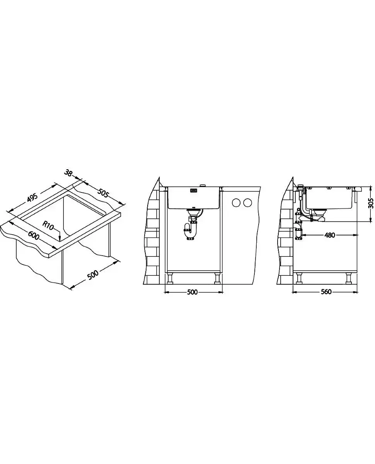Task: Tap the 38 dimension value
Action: [68, 173]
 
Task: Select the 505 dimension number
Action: [103, 194]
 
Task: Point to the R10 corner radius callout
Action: [48, 225]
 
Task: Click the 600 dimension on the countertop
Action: [34, 235]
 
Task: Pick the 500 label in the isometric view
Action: [93, 274]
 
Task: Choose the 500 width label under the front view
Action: [192, 292]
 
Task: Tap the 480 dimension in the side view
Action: [329, 235]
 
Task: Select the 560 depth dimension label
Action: [326, 292]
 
